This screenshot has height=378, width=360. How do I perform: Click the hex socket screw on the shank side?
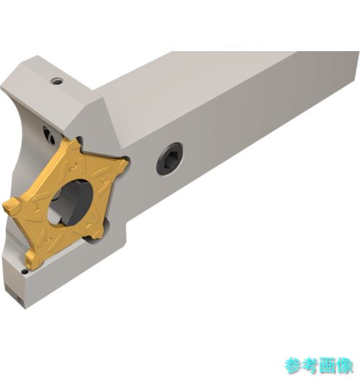coord(169,158)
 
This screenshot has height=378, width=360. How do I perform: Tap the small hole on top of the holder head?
coord(57,81)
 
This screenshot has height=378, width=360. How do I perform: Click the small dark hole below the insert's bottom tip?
coord(24,272)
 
